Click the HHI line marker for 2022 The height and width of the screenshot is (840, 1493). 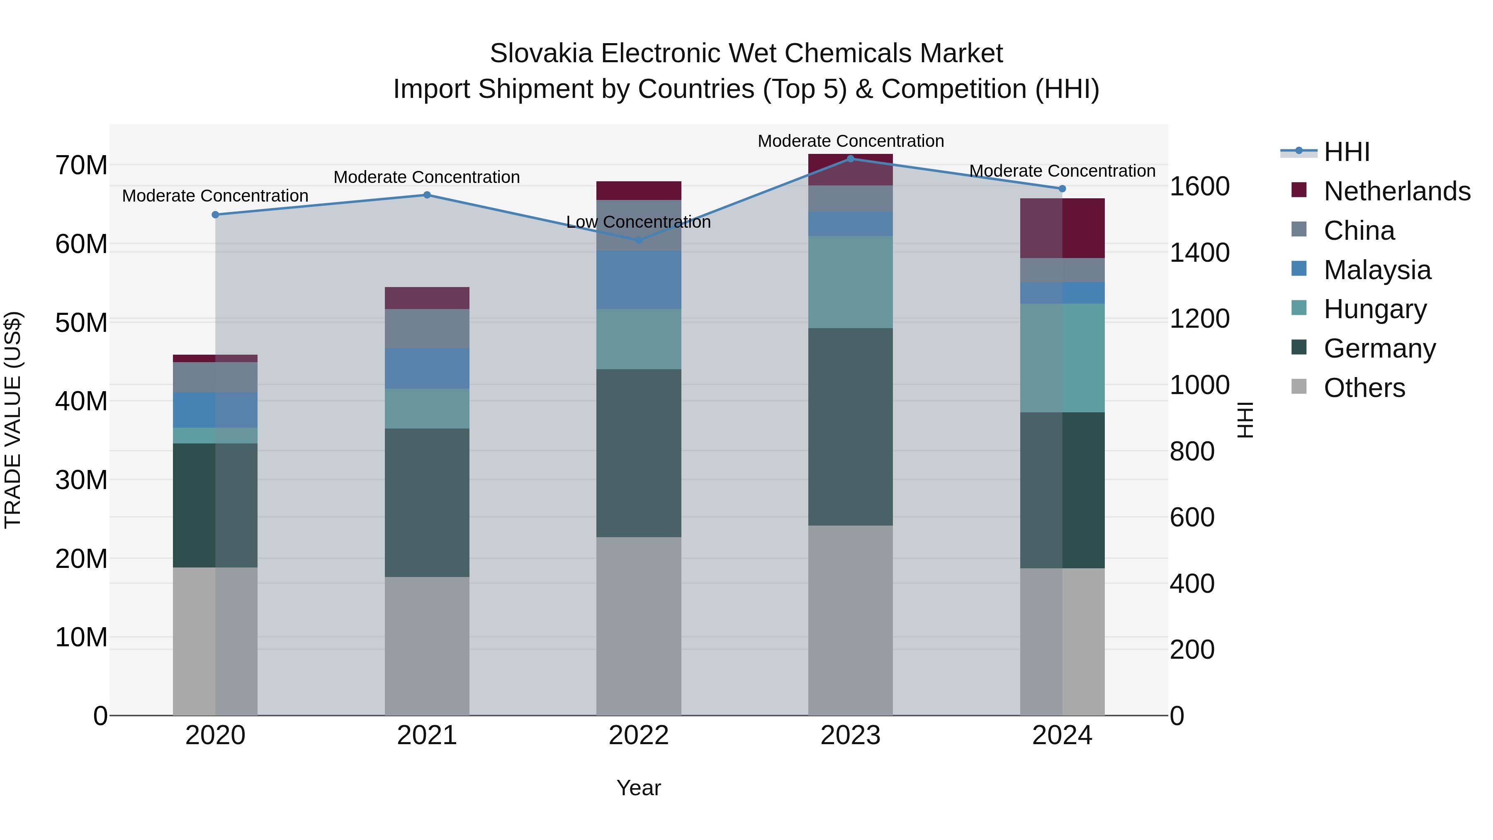[639, 240]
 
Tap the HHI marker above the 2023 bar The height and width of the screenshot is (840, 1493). [850, 158]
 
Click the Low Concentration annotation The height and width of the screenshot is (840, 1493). [638, 222]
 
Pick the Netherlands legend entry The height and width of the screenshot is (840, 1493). [1397, 191]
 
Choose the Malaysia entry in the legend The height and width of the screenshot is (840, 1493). [1377, 270]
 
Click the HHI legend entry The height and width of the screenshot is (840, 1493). [1346, 152]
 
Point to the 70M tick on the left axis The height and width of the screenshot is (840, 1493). [81, 166]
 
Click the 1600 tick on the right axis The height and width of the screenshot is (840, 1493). [1199, 187]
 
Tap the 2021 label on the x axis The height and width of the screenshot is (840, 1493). [427, 735]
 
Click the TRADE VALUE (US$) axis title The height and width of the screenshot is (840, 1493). [13, 420]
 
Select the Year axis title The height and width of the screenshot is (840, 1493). [638, 788]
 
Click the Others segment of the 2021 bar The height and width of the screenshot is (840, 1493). [427, 646]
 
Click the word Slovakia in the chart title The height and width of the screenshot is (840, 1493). [541, 54]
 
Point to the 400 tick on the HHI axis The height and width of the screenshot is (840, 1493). [1191, 584]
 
